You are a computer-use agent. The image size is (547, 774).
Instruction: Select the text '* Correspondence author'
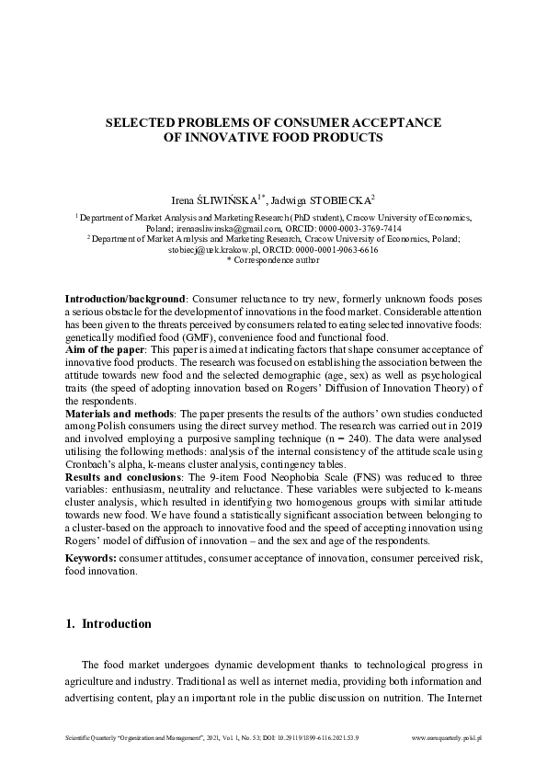273,260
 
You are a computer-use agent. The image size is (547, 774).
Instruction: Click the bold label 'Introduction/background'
125,300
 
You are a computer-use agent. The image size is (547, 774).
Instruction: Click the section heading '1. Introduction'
108,624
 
